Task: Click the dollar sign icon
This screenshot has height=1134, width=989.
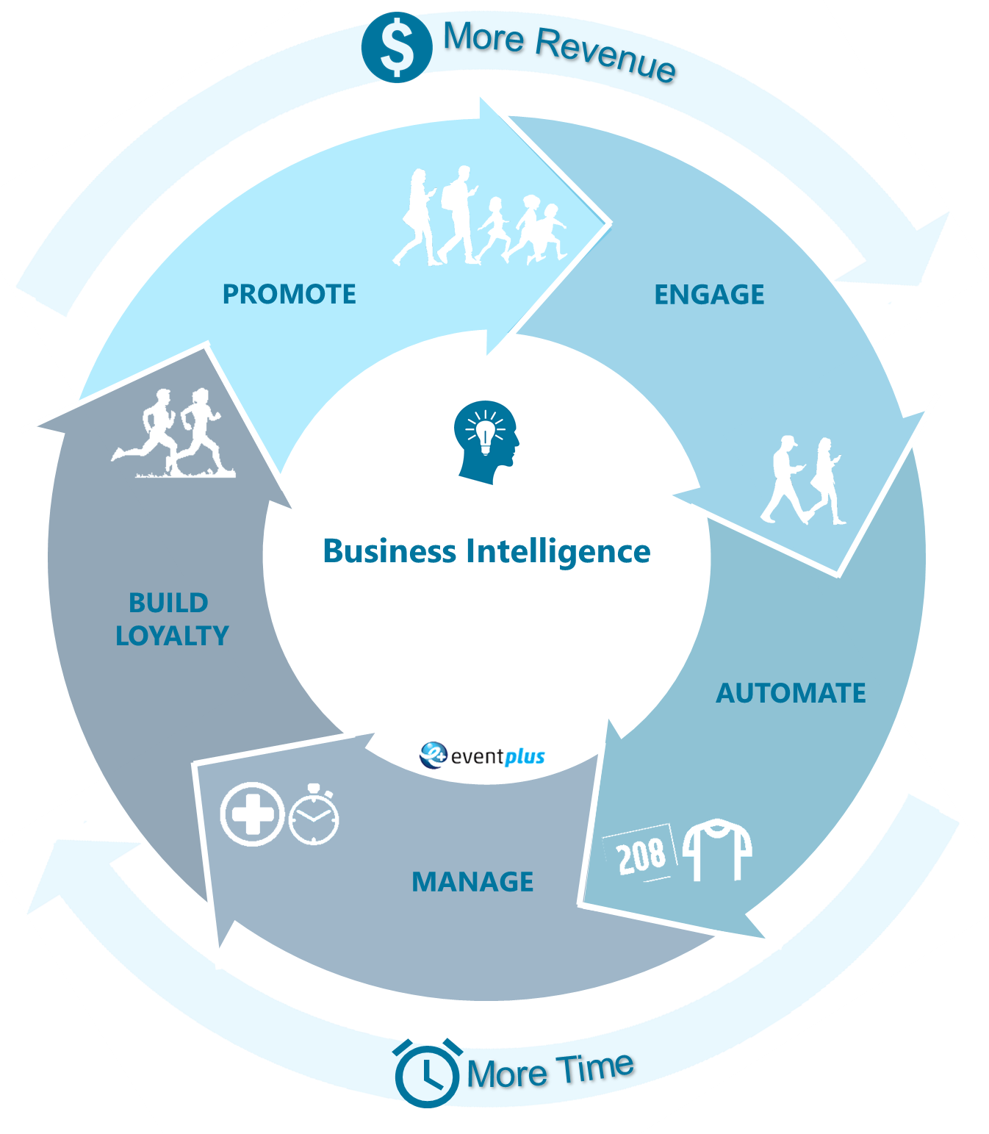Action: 397,48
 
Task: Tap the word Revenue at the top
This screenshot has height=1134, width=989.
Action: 605,54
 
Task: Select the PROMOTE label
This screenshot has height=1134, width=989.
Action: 289,294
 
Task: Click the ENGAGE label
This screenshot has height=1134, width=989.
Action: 709,295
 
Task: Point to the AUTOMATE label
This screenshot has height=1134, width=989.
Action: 791,693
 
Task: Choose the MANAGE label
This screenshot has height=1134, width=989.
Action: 472,881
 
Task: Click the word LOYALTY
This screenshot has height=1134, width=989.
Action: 172,636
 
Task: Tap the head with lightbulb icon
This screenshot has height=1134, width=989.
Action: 486,442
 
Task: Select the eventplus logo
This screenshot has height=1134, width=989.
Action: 483,756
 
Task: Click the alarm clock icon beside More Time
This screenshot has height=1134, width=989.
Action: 427,1073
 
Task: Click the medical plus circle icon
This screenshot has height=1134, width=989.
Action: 252,814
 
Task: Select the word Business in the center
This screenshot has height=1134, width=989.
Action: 389,551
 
